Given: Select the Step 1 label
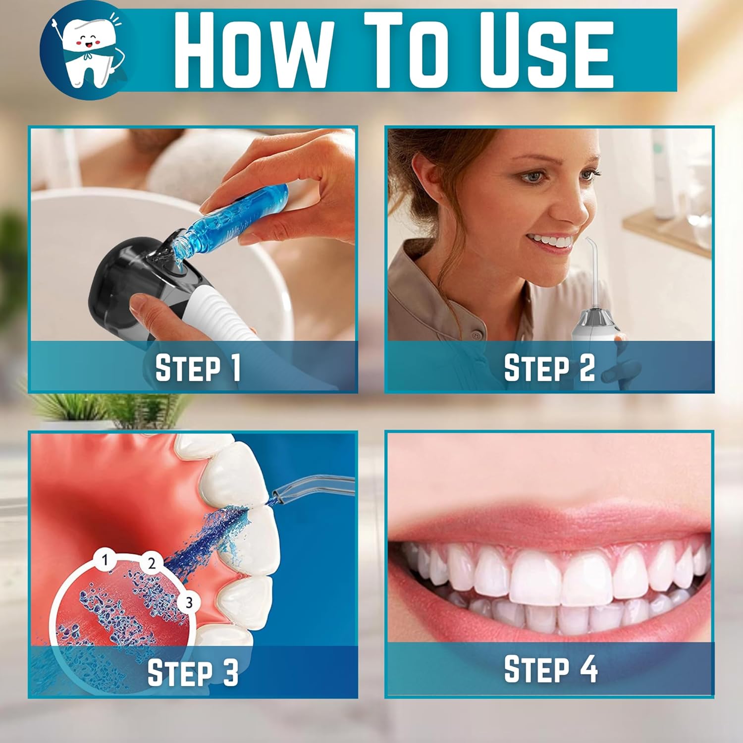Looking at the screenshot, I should pos(198,368).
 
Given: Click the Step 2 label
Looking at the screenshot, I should pos(549,368).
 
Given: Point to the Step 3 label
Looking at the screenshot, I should pos(193,672).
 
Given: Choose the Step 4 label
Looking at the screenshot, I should pos(550,669).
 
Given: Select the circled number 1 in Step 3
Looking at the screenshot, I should pos(105,560).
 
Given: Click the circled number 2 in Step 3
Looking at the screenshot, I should pos(151,563).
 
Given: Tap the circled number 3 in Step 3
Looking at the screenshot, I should pos(189,602).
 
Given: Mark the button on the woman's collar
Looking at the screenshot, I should pos(477,335).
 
